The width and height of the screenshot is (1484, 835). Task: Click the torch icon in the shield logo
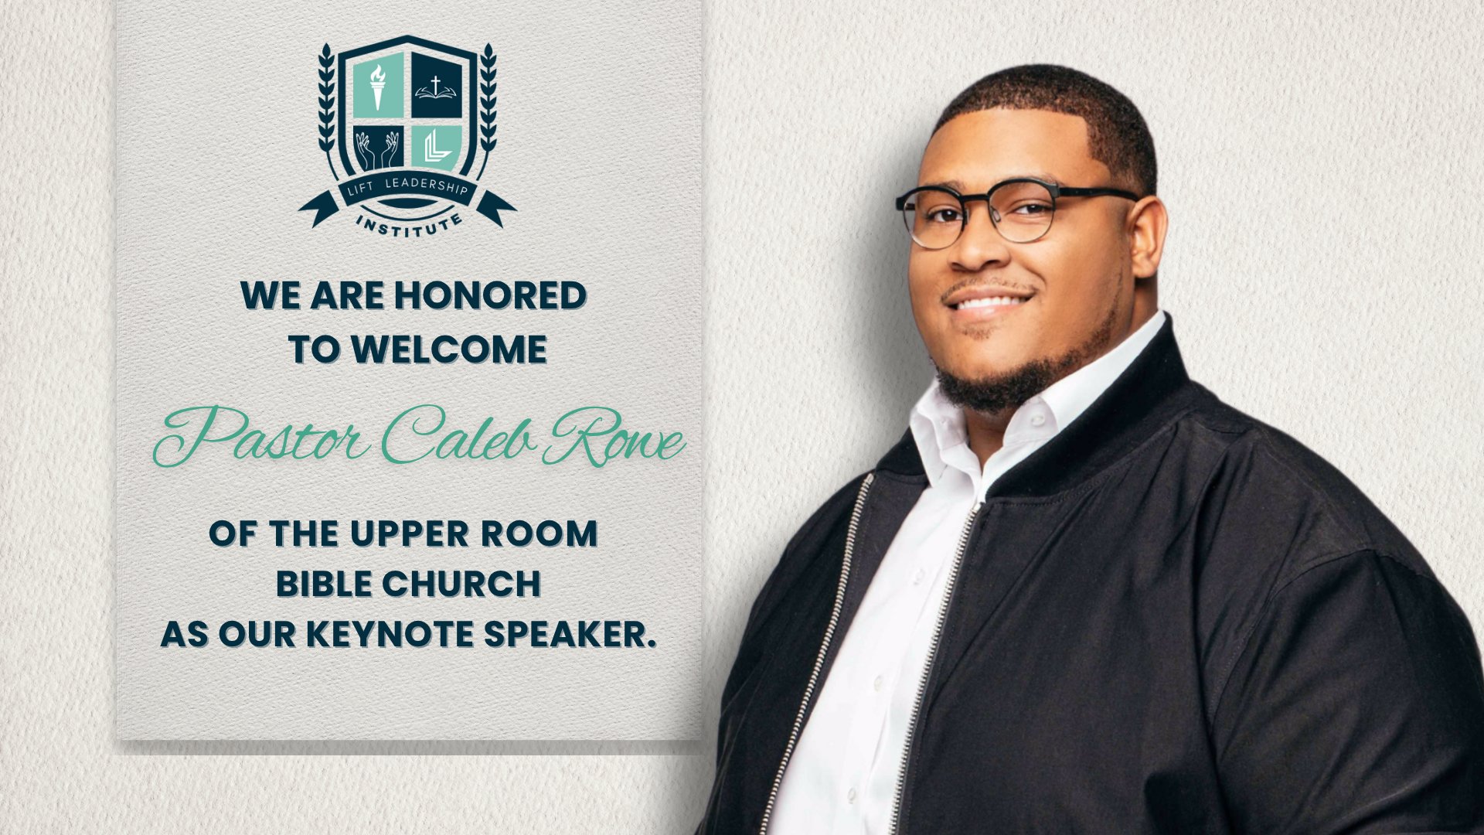[x=378, y=87]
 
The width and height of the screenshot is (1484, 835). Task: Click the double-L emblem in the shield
[x=437, y=148]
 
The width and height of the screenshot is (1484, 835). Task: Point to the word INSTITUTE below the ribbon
[x=410, y=226]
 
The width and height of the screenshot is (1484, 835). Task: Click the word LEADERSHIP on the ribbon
[x=427, y=186]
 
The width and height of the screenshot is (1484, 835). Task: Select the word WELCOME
[x=449, y=349]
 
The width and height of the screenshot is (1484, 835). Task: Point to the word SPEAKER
[x=570, y=634]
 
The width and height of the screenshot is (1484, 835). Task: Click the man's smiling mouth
[x=989, y=301]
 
